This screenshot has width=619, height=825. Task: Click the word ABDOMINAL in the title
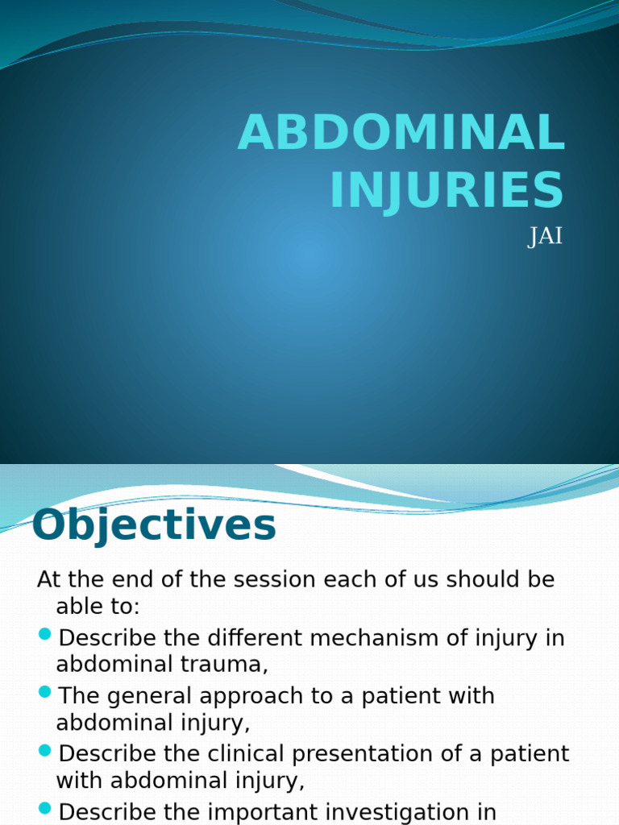pos(401,134)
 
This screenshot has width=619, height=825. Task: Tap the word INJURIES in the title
pos(447,190)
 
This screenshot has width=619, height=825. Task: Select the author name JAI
pos(545,238)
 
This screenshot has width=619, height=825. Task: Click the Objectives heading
pos(154,526)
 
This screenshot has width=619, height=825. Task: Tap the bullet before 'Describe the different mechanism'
pos(45,635)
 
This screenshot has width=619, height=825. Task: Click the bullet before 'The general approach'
pos(45,692)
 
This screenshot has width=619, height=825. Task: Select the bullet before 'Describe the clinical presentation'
pos(45,750)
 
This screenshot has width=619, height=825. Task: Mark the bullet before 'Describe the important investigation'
pos(45,807)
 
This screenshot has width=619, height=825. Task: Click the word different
pos(247,638)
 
